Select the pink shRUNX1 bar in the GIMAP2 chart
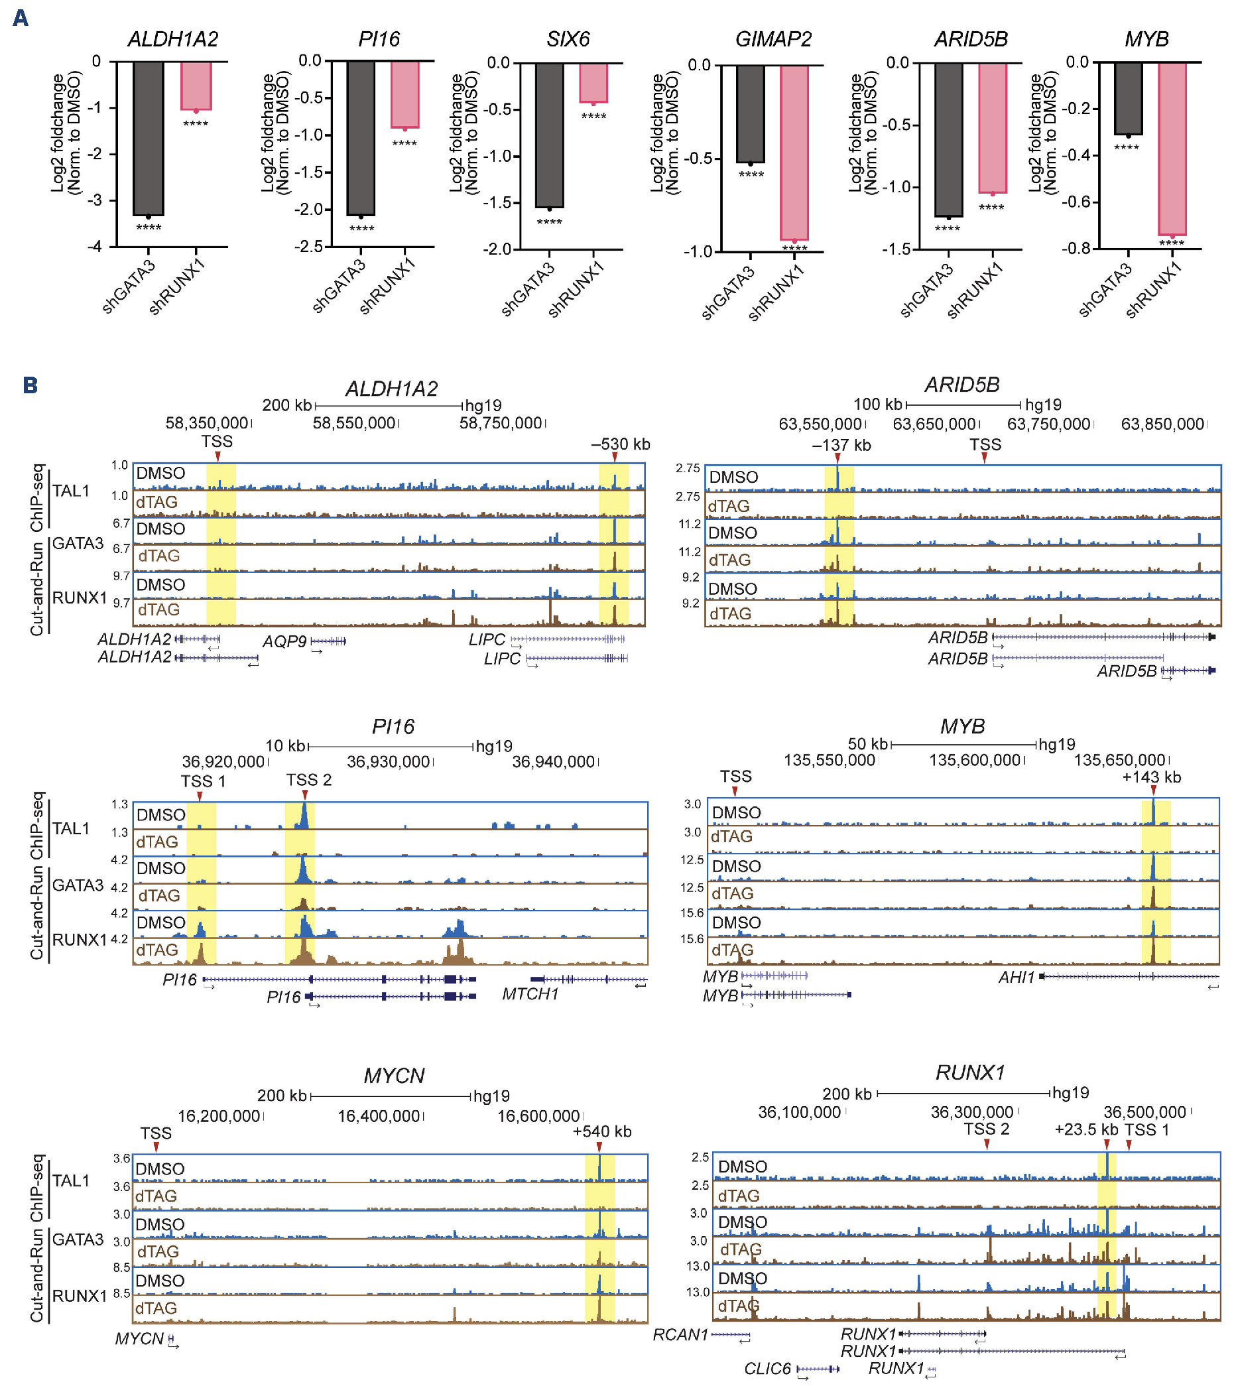pyautogui.click(x=794, y=153)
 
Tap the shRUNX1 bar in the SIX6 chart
pyautogui.click(x=593, y=83)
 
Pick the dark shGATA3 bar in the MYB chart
pyautogui.click(x=1128, y=99)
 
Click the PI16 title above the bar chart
pyautogui.click(x=379, y=39)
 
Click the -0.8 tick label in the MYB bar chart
pyautogui.click(x=1076, y=248)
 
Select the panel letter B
pyautogui.click(x=30, y=385)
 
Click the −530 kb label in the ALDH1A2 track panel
pyautogui.click(x=620, y=445)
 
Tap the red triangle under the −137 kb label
pyautogui.click(x=837, y=458)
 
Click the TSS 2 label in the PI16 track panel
pyautogui.click(x=309, y=780)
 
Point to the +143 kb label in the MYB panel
pyautogui.click(x=1151, y=777)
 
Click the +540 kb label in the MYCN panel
pyautogui.click(x=601, y=1131)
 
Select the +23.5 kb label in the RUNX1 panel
pyautogui.click(x=1085, y=1129)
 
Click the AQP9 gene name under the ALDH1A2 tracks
pyautogui.click(x=284, y=641)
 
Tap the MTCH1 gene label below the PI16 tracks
pyautogui.click(x=530, y=994)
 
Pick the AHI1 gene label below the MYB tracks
pyautogui.click(x=1017, y=978)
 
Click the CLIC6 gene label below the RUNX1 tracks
pyautogui.click(x=768, y=1368)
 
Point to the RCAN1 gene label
pyautogui.click(x=680, y=1335)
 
